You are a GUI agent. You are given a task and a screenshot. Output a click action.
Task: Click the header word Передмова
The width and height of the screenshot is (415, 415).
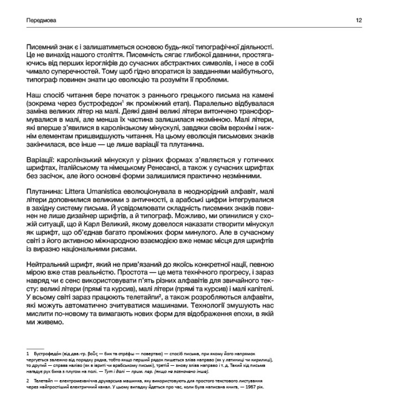[x=41, y=20]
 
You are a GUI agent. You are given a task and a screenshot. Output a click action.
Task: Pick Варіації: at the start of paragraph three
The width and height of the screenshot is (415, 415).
[x=39, y=160]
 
